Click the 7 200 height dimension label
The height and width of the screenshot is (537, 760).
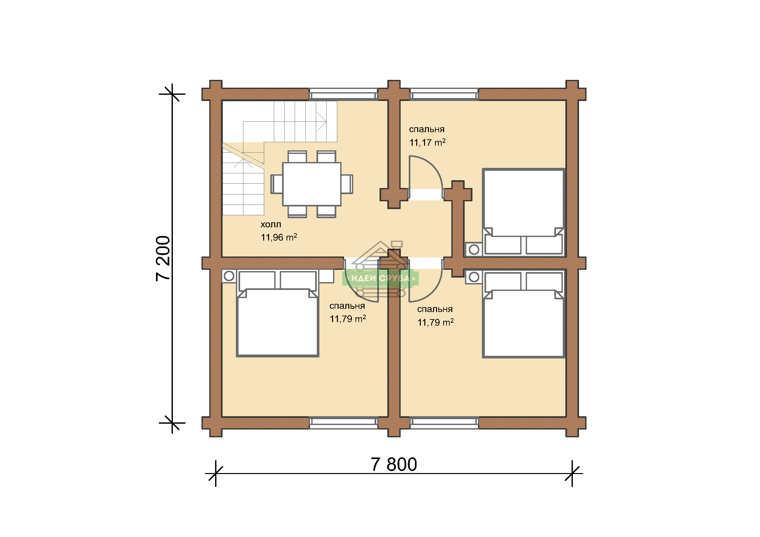click(163, 258)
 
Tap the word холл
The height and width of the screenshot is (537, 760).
click(271, 225)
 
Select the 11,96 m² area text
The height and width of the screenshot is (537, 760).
click(279, 237)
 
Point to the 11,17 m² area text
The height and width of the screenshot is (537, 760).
click(427, 143)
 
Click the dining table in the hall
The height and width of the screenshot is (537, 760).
click(312, 184)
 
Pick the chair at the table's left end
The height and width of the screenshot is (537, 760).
click(277, 184)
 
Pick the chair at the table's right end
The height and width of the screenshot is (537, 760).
click(347, 184)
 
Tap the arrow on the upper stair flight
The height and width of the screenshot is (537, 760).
click(322, 122)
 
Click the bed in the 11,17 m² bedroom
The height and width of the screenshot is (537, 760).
click(523, 213)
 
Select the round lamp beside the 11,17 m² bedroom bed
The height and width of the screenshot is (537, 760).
click(474, 249)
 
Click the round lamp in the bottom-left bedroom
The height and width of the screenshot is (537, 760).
click(229, 276)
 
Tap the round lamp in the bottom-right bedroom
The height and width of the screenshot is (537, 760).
click(474, 277)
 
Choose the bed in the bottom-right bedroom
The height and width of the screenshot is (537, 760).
click(523, 314)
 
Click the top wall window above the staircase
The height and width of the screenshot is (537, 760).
click(343, 94)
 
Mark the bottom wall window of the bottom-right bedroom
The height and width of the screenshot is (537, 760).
click(444, 423)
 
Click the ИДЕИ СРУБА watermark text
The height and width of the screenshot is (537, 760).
click(380, 279)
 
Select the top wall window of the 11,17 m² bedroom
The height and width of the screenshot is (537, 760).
click(444, 94)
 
